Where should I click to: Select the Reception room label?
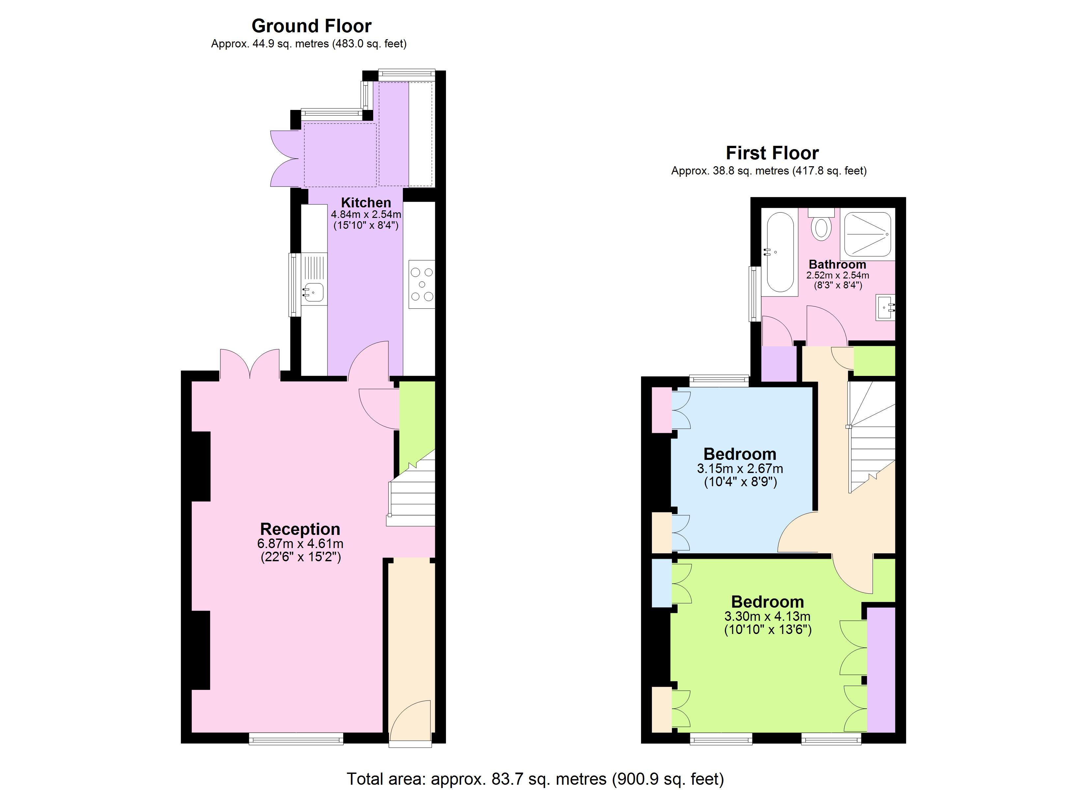pyautogui.click(x=300, y=529)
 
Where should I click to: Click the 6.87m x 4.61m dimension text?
pyautogui.click(x=300, y=544)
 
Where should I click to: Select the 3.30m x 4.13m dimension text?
pyautogui.click(x=767, y=616)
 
